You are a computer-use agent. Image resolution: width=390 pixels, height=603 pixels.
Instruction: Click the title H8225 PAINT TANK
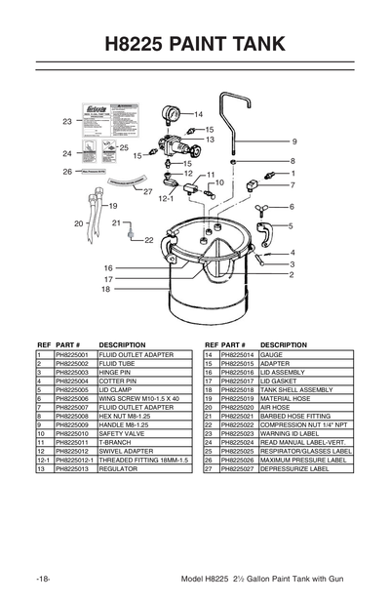pyautogui.click(x=194, y=43)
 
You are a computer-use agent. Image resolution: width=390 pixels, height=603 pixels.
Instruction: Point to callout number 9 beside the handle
pyautogui.click(x=293, y=142)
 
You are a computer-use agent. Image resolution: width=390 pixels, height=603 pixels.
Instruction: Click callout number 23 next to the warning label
pyautogui.click(x=67, y=122)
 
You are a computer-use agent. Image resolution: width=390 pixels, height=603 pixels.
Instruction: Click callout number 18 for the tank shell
pyautogui.click(x=105, y=289)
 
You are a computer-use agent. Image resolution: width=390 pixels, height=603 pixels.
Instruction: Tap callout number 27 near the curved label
pyautogui.click(x=148, y=191)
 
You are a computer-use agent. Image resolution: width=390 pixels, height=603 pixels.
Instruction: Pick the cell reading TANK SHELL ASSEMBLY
pyautogui.click(x=297, y=389)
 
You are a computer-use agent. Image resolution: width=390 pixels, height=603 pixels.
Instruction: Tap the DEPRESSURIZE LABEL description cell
pyautogui.click(x=299, y=468)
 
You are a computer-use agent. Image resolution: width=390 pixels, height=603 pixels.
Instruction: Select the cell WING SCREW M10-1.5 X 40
pyautogui.click(x=139, y=398)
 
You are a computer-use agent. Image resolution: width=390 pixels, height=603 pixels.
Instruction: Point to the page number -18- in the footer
pyautogui.click(x=44, y=579)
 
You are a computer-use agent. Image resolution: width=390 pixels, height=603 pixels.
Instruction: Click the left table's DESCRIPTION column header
pyautogui.click(x=122, y=344)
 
